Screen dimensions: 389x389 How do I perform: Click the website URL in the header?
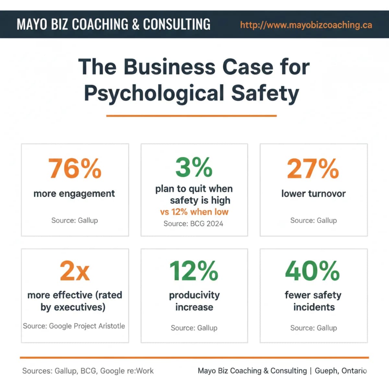306,25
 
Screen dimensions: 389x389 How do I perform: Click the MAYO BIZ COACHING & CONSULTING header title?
113,24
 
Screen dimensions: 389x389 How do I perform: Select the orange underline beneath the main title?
191,115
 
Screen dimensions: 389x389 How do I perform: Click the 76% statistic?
75,169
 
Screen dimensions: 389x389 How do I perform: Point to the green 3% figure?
194,168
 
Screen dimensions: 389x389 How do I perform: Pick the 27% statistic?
313,169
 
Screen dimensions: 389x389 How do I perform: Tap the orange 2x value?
75,271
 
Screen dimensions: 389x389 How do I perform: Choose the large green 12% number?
194,271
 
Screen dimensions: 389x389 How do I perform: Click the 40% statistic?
313,271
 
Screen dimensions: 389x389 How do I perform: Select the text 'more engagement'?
74,194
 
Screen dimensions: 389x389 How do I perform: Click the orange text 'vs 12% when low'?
194,212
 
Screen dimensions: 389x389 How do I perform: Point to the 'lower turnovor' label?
313,194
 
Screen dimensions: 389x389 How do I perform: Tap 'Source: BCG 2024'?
193,224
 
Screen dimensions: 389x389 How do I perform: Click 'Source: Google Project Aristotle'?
74,326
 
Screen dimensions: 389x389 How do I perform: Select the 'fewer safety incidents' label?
313,301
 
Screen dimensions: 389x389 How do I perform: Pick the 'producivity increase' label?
194,301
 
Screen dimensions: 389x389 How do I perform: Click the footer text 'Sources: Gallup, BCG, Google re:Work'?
88,371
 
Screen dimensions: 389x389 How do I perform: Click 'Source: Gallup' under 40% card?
313,328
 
